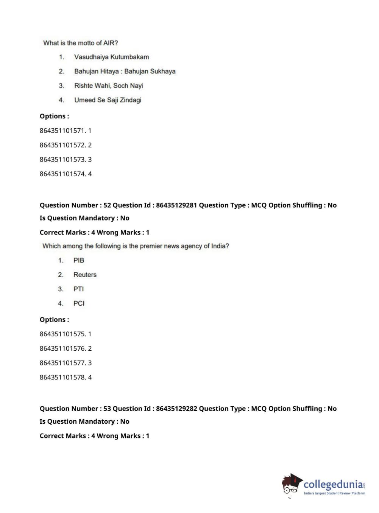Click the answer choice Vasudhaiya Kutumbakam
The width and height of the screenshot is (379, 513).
111,57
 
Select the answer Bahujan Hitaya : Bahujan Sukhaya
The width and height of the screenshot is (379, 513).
125,72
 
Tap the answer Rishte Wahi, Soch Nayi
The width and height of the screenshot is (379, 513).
108,86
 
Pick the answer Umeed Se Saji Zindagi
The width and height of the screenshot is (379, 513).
108,100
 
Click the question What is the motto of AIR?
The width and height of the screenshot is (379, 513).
81,43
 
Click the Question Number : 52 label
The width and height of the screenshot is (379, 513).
75,205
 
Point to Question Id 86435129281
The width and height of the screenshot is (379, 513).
155,205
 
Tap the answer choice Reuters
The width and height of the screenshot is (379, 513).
85,275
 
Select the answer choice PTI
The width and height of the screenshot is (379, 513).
78,289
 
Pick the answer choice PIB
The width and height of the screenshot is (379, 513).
78,260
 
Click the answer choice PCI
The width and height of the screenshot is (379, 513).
79,303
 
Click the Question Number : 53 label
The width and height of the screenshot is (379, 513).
75,409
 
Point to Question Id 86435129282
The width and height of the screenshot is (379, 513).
155,409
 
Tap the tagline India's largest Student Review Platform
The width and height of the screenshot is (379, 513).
334,493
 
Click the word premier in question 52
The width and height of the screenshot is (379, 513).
151,246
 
